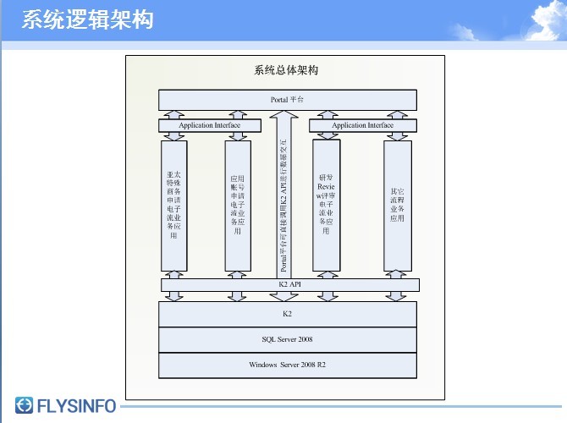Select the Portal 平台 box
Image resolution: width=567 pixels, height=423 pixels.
(288, 100)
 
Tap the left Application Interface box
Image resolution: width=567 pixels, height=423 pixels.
(209, 125)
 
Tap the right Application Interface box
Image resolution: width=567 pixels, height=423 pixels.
(362, 125)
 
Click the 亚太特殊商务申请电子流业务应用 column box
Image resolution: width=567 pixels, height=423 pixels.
(173, 206)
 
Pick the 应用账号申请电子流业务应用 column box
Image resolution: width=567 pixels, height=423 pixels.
(238, 206)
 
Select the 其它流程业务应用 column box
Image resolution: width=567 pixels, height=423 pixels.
(397, 206)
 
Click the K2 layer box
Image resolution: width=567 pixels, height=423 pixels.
(288, 314)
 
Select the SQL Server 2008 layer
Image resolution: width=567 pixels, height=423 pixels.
(288, 339)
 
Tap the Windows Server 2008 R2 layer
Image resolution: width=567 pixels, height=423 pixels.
(288, 365)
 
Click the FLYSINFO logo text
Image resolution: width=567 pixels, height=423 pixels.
(77, 406)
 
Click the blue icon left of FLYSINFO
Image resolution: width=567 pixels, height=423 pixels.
(25, 406)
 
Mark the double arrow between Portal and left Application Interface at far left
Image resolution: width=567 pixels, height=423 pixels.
(173, 114)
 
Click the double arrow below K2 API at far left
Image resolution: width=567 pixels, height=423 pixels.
(173, 296)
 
